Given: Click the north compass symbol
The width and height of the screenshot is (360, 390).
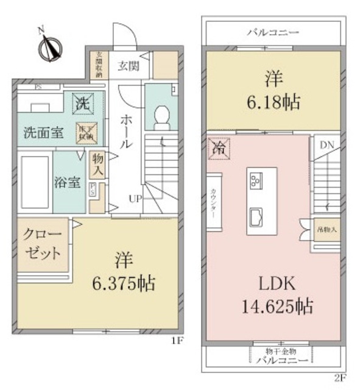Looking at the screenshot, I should (x=49, y=46).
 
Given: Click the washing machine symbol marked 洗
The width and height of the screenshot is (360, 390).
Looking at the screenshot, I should (x=82, y=103).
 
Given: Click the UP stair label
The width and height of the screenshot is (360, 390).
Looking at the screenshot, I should (x=135, y=199).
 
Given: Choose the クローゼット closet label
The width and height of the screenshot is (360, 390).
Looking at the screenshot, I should (x=42, y=244).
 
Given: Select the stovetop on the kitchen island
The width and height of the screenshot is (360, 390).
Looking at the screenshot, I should (x=256, y=180).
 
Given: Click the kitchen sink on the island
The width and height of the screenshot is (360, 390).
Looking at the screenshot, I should (x=256, y=215).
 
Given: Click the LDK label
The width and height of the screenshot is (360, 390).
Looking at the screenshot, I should (x=274, y=283).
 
